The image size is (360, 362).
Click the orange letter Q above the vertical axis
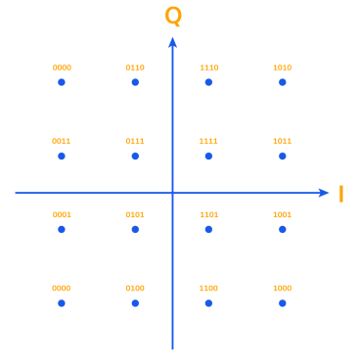pos(173,16)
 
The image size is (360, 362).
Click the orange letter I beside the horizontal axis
pos(340,194)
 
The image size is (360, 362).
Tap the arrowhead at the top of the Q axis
pos(172,41)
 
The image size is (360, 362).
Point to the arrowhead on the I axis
pos(324,193)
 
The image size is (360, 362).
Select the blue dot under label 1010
pos(282,82)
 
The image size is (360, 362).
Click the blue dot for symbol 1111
pos(208,156)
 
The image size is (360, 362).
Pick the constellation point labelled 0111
pos(135,156)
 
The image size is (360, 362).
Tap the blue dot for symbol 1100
pos(208,303)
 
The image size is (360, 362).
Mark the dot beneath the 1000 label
pos(282,303)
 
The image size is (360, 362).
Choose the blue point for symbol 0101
pos(135,229)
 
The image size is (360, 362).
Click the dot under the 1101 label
pos(208,229)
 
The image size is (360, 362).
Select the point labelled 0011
pos(62,156)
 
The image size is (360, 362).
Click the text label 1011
pos(282,141)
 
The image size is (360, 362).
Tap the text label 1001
pos(282,214)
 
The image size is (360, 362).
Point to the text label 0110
pos(135,68)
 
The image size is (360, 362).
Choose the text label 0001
pos(62,214)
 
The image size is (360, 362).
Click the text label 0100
pos(135,289)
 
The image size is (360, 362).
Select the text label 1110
pos(208,68)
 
